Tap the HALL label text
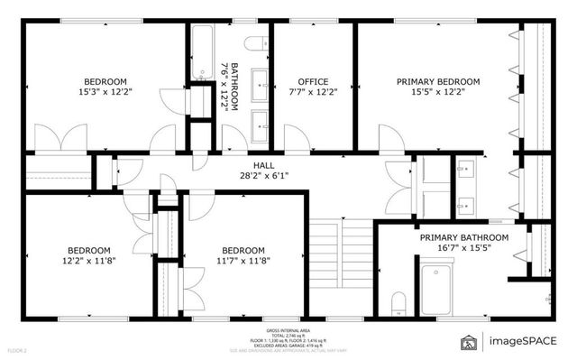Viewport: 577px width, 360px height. [x=263, y=165]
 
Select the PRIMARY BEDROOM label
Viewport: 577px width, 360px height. [x=438, y=81]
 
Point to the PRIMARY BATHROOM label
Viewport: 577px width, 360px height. [x=463, y=237]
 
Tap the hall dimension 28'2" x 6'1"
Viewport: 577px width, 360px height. [x=263, y=176]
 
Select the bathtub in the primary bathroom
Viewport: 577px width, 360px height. [x=441, y=286]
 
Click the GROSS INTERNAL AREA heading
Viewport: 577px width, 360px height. [x=288, y=330]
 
